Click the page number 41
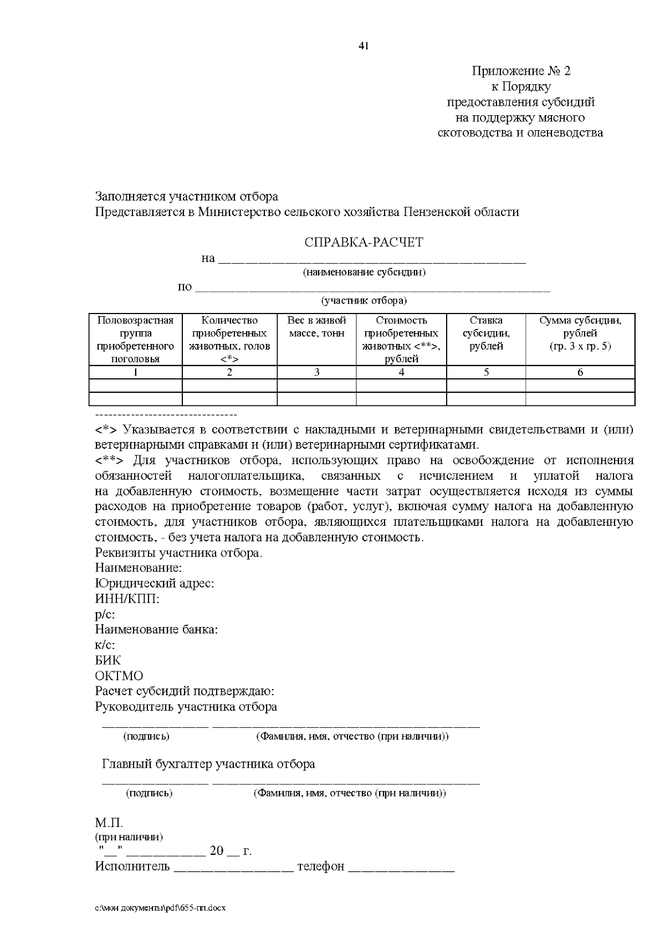point(364,46)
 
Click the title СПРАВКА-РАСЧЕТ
point(364,243)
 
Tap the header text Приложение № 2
point(520,71)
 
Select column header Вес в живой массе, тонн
point(316,327)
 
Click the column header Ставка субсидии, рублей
point(486,333)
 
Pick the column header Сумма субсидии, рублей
point(580,333)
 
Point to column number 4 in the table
point(401,372)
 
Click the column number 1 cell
point(135,372)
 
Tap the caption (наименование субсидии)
point(364,273)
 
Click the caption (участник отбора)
point(364,301)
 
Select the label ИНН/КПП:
point(127,599)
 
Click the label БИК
point(108,660)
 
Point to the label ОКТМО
point(119,676)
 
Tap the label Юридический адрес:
point(155,583)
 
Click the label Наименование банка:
point(156,630)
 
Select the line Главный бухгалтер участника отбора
point(208,764)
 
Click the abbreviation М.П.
point(109,823)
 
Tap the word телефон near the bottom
point(320,866)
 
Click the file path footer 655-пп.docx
point(161,908)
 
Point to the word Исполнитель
point(132,866)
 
